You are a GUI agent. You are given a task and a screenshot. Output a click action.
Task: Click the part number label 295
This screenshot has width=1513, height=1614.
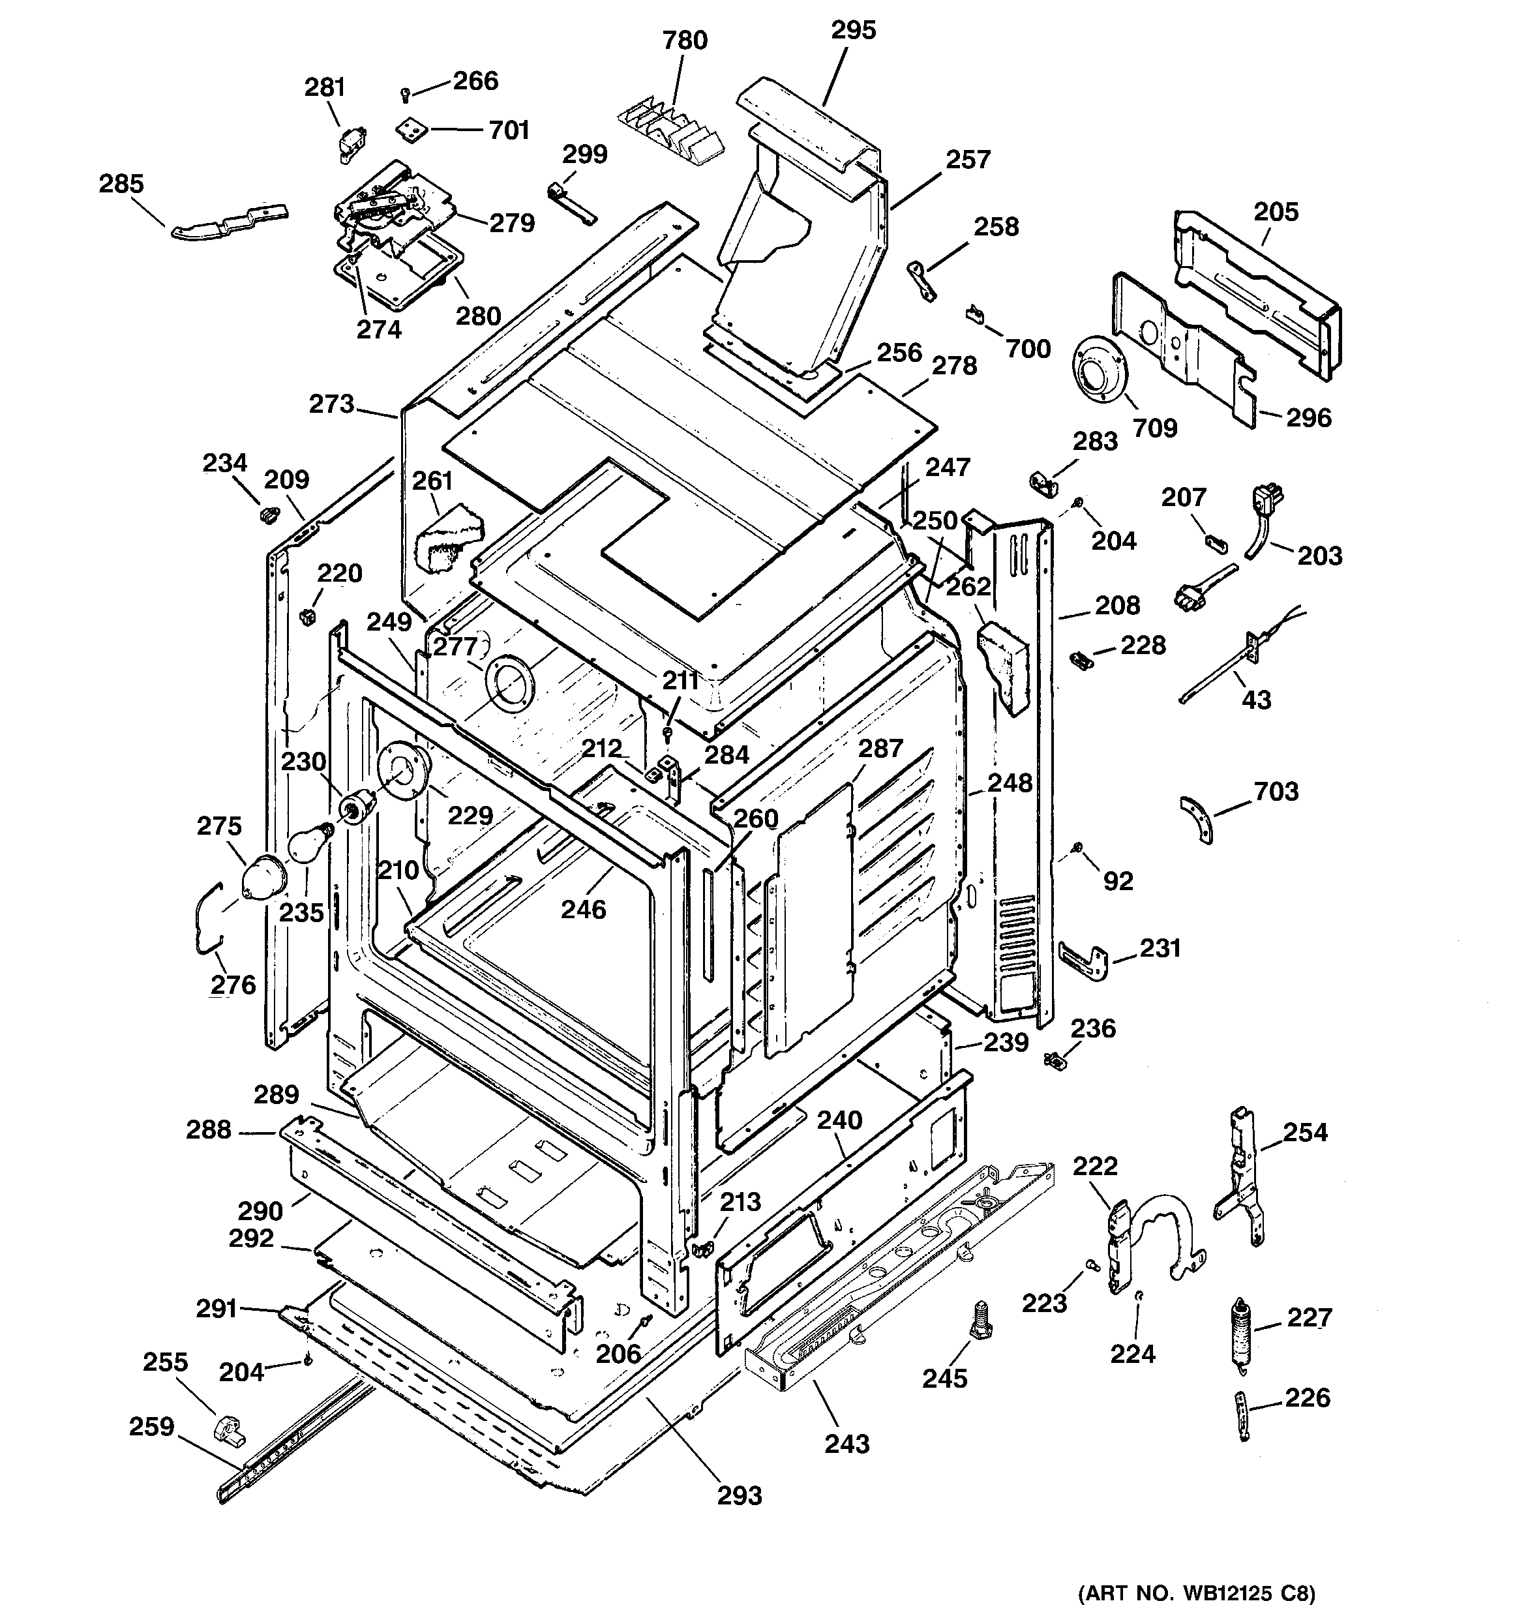coord(853,31)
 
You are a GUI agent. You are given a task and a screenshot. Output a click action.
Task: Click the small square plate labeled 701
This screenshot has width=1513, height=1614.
coord(413,129)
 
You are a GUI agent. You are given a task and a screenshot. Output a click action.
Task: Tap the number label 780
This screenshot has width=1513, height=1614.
coord(685,40)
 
